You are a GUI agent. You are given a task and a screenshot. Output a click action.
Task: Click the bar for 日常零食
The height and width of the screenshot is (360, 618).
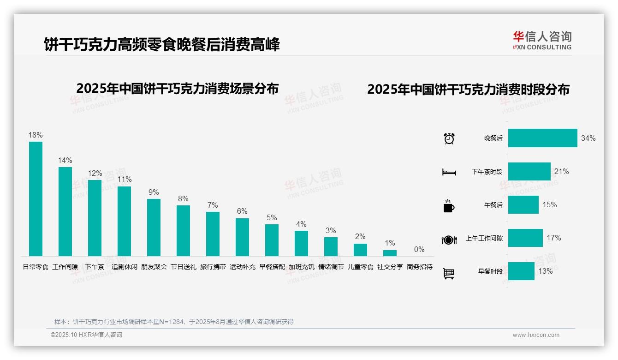[x=36, y=198]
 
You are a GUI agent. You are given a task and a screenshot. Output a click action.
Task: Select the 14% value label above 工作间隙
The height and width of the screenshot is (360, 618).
[x=65, y=161]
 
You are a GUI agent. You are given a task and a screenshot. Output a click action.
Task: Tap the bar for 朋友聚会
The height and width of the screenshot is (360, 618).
[x=154, y=227]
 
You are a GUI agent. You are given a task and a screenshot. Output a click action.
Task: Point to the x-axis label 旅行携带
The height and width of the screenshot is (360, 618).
[x=213, y=267]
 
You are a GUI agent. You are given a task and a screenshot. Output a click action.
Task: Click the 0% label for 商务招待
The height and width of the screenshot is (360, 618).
[x=419, y=250]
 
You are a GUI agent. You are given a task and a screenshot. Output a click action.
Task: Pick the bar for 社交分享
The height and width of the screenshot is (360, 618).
[x=390, y=253]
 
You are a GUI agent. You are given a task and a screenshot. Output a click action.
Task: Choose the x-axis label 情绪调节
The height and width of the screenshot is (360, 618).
[x=331, y=267]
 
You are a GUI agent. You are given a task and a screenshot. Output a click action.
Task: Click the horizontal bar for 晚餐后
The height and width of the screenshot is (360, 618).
[x=542, y=138]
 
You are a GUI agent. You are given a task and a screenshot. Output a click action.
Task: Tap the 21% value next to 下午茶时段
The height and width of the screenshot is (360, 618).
[x=561, y=172]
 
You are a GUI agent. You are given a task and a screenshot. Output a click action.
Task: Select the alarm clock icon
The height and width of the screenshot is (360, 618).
[x=449, y=138]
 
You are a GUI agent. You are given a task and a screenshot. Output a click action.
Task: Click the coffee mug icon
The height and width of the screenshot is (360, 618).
[x=449, y=206]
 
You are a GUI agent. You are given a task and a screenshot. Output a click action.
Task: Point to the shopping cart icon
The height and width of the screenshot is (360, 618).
[x=449, y=273]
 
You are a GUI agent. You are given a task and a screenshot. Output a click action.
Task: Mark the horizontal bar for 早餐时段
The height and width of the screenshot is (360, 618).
[x=521, y=271]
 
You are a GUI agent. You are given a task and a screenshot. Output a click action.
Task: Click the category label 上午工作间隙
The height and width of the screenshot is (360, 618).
[x=484, y=239]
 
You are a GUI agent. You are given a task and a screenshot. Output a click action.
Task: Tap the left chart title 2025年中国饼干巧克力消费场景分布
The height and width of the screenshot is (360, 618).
[x=178, y=89]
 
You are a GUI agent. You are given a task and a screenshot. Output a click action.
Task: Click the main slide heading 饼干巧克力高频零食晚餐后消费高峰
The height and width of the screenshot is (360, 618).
[x=161, y=45]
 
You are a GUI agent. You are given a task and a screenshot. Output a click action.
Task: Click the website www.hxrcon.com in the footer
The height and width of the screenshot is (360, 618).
[x=536, y=335]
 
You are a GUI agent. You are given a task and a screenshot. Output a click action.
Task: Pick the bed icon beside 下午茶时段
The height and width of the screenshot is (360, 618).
[x=449, y=172]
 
